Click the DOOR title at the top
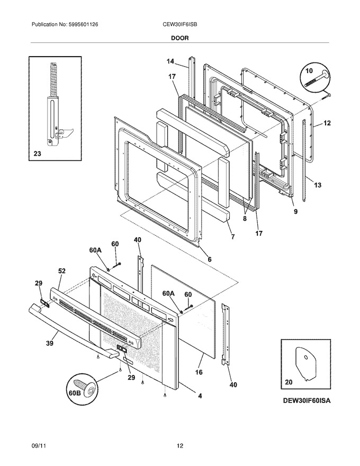pos(179,38)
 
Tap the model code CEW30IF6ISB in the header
pos(178,24)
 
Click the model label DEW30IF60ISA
pos(306,400)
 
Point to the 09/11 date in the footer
pos(38,446)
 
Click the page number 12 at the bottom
pos(180,446)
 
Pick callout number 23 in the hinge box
pos(37,154)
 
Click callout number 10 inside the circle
pos(309,71)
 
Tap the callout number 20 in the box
pos(289,382)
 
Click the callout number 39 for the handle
pos(50,343)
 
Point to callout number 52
pos(62,271)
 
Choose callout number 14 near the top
pos(170,61)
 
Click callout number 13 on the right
pos(318,185)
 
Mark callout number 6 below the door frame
pos(210,259)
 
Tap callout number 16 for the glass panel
pos(199,372)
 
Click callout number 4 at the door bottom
pos(200,396)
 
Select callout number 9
pos(295,212)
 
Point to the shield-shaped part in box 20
pos(305,363)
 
